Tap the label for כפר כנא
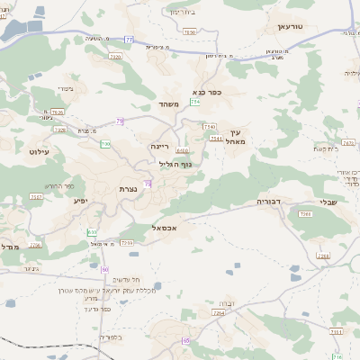point(206,93)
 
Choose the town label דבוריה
point(270,202)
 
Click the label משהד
point(170,106)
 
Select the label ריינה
point(161,145)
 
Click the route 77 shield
point(129,40)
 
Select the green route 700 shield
point(105,144)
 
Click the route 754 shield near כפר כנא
point(195,103)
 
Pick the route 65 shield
point(186,340)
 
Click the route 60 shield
point(105,269)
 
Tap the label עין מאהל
point(237,139)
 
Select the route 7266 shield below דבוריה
point(305,214)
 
